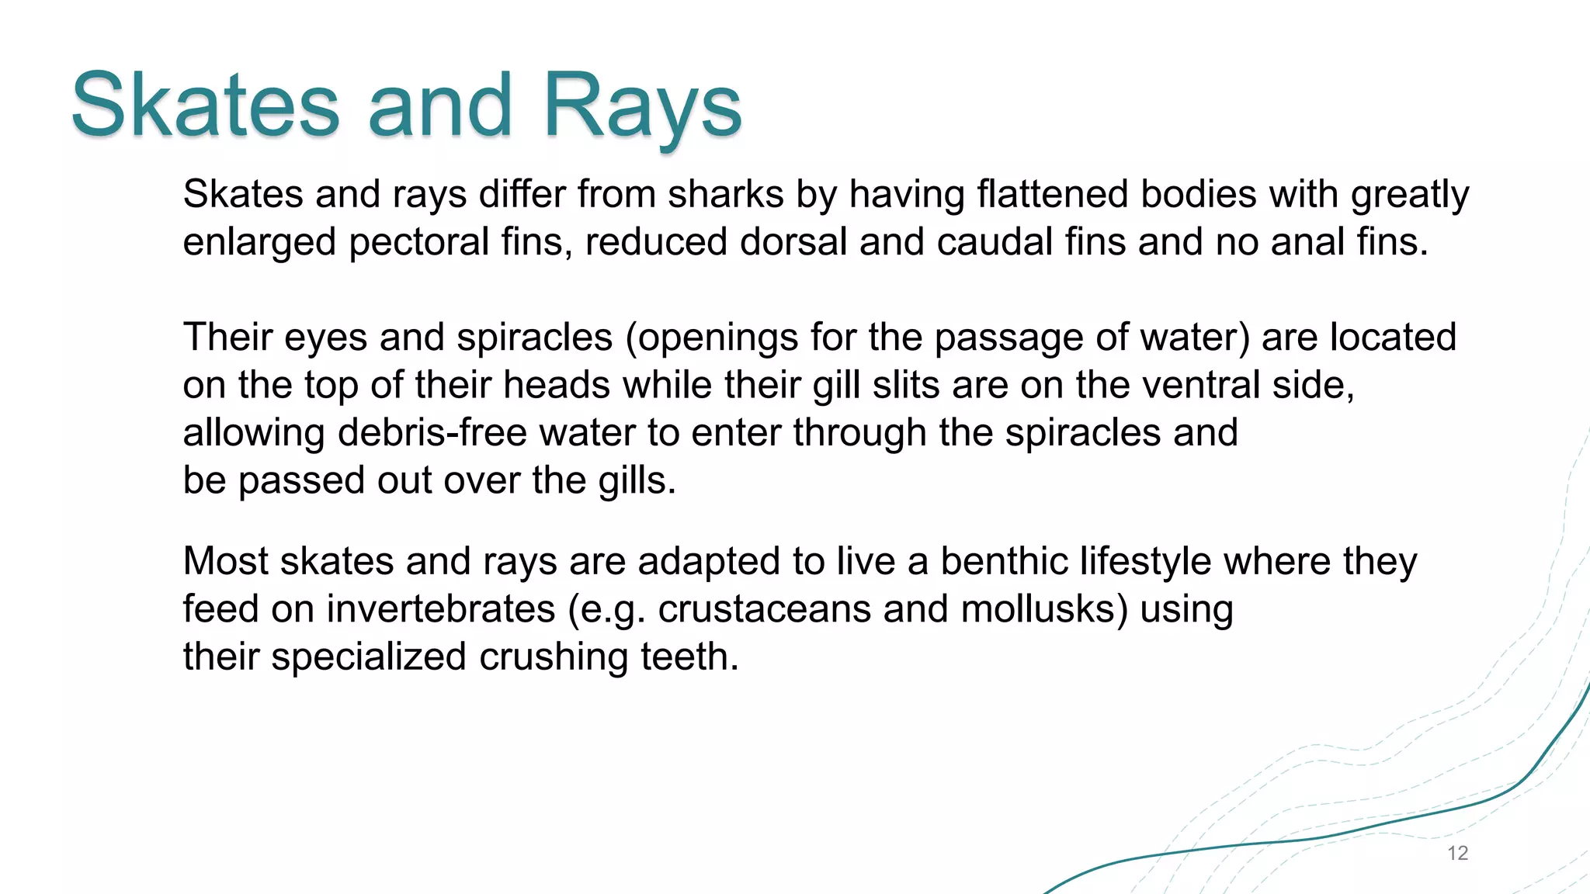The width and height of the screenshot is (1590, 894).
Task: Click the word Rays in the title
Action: pos(642,106)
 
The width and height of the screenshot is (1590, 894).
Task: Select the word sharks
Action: pos(726,194)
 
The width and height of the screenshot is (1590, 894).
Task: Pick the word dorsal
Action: pos(793,242)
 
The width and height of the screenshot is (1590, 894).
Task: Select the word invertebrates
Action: pos(440,609)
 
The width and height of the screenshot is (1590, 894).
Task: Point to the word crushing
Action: pos(553,657)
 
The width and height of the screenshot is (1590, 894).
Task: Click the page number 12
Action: pos(1457,854)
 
